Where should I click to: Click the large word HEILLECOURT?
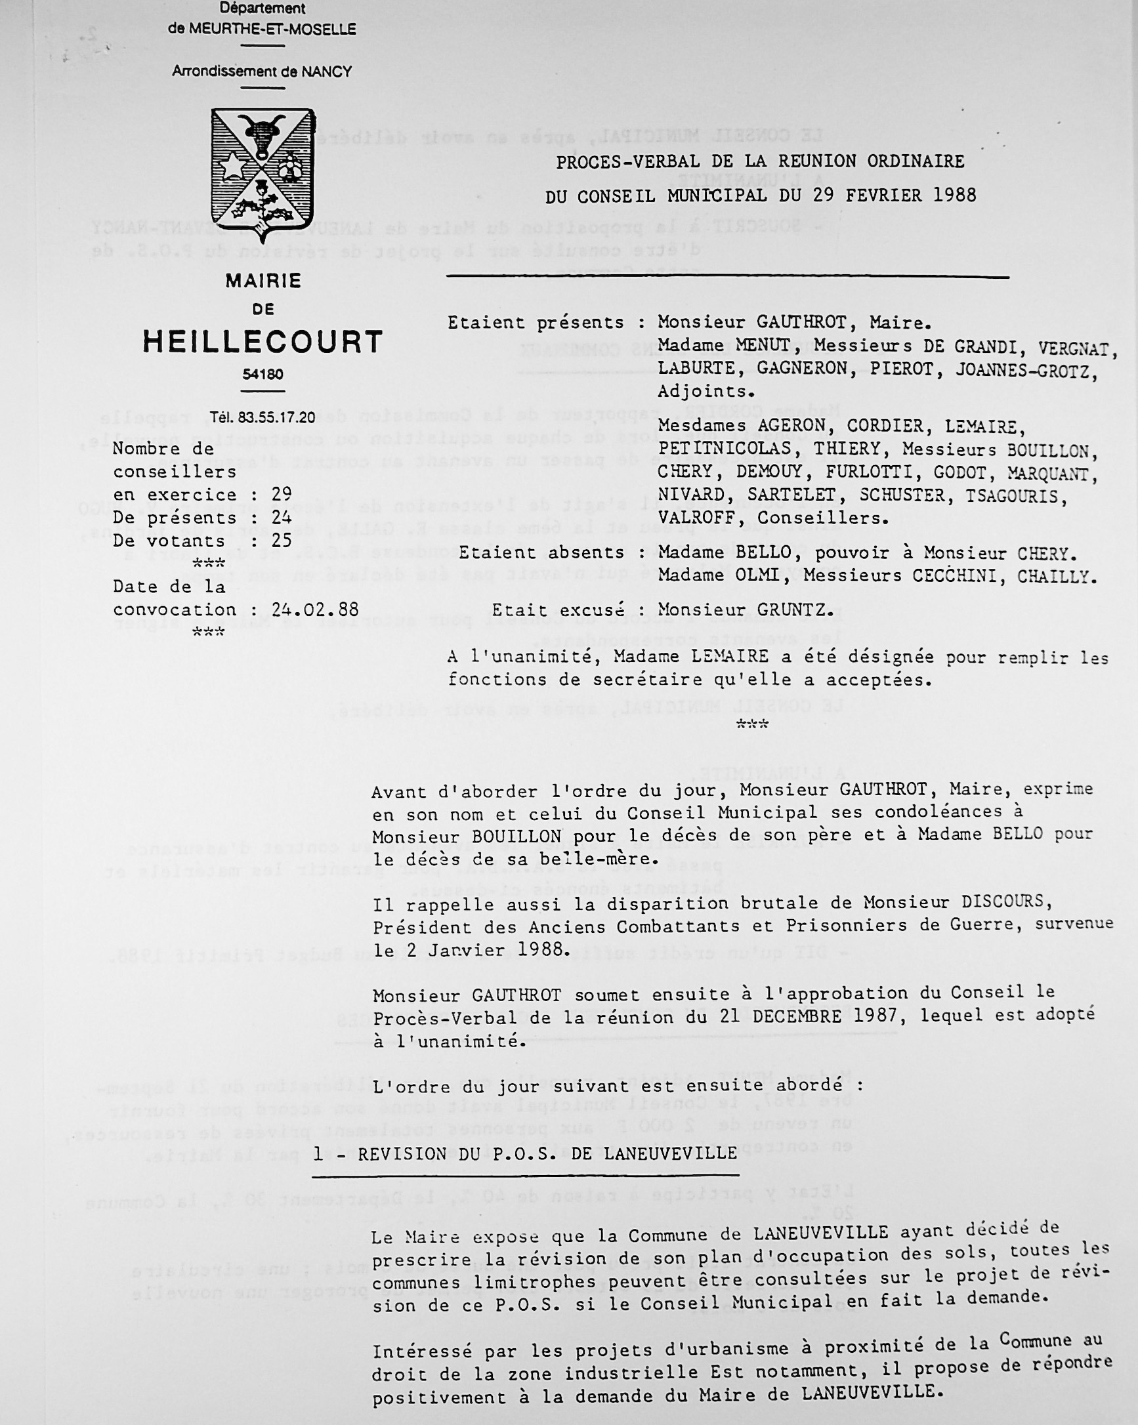(x=263, y=342)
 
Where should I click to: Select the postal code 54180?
(x=263, y=375)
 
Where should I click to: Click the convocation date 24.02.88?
(x=315, y=609)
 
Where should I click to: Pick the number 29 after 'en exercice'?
(x=282, y=495)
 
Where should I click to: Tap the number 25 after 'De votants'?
(x=282, y=541)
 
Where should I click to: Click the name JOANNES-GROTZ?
(x=1026, y=371)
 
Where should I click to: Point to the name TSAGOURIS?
(x=1016, y=496)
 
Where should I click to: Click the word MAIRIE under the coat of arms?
(x=263, y=281)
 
